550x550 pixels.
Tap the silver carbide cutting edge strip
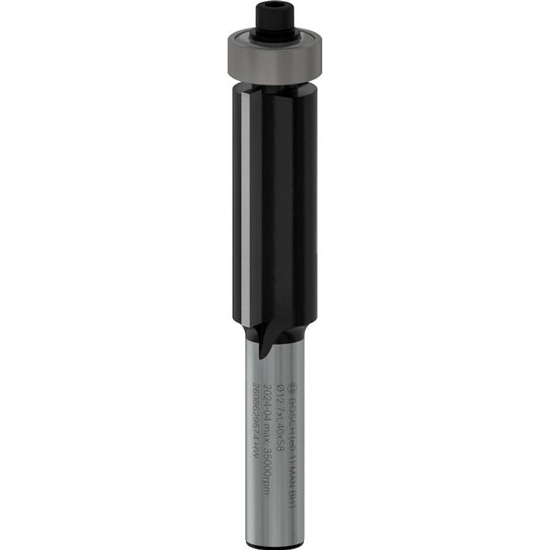244,207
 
